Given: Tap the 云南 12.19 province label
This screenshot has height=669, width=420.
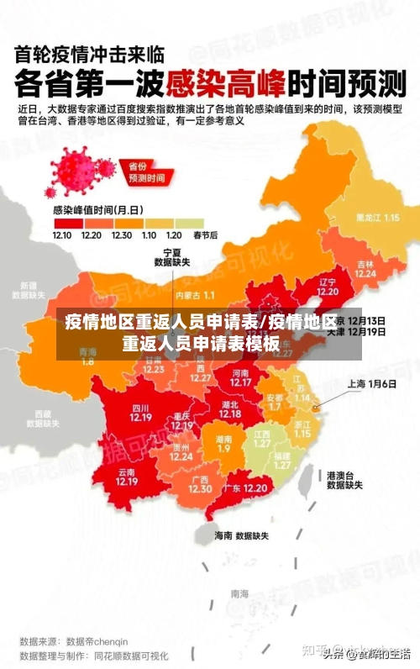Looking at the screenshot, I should pos(127,477).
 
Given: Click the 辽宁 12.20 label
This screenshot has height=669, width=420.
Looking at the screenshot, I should pos(328,287).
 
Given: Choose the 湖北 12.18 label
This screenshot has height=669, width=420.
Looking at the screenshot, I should pos(230,408).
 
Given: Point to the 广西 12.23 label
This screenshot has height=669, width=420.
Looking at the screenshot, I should pos(199,484).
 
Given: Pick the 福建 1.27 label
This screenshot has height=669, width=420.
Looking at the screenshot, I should pos(283,460).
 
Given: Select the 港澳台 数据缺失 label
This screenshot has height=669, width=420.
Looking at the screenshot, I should pos(344,479).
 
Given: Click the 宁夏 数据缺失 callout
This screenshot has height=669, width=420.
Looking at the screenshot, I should pos(172,256).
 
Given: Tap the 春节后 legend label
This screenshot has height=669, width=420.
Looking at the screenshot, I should pos(206,235).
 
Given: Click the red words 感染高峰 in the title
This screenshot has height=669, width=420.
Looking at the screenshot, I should pos(226,83).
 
